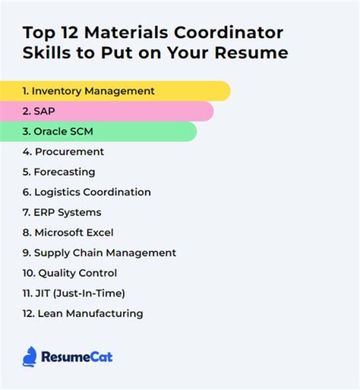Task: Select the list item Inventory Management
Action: pos(88,91)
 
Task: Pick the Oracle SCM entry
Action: pos(57,132)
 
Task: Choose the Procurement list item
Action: pos(63,152)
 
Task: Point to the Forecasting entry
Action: pos(58,172)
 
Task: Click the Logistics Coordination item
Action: pos(86,192)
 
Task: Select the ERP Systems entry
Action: pos(61,212)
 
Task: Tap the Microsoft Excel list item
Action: pos(68,232)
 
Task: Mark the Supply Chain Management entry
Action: pos(99,253)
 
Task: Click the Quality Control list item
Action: pos(69,273)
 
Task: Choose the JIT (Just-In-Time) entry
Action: pos(73,293)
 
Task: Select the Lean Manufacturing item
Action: pos(82,313)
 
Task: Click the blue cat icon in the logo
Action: pos(29,356)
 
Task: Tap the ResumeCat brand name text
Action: pos(77,357)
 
